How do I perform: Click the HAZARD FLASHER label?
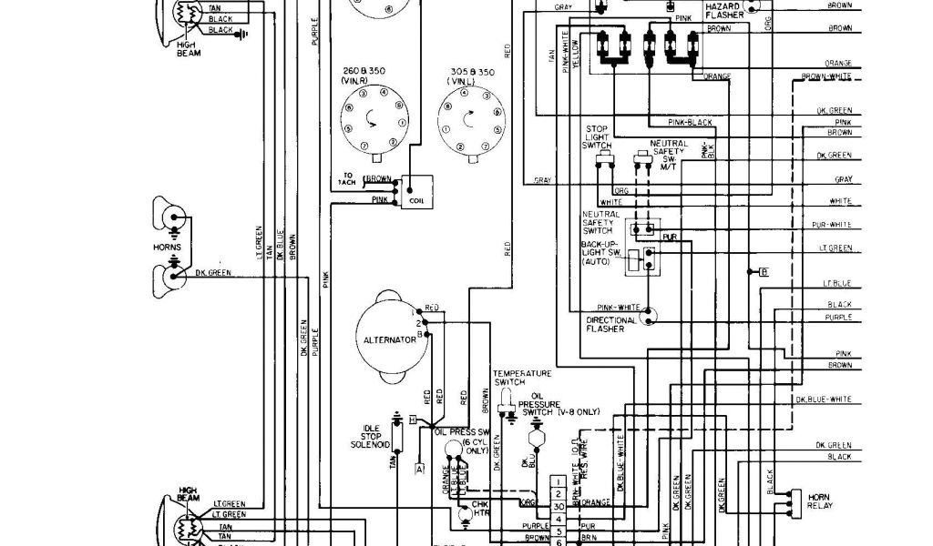click(724, 11)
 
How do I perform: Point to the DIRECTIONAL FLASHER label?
click(612, 325)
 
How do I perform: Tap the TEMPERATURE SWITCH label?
click(523, 379)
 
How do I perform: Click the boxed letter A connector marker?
click(419, 470)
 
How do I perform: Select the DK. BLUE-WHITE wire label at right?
click(824, 399)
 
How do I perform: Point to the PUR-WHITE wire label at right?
click(831, 225)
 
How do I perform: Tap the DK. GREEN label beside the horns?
click(213, 272)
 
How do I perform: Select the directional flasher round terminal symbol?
click(649, 316)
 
